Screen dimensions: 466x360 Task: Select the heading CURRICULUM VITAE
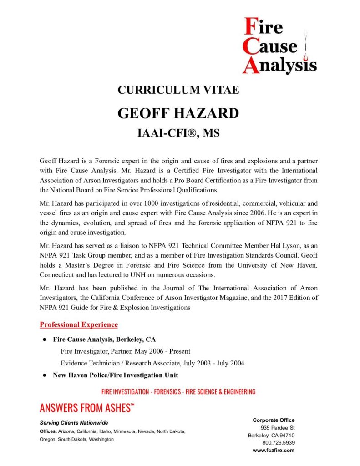178,90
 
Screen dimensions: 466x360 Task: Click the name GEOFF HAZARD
178,113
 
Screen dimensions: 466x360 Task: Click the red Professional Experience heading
79,324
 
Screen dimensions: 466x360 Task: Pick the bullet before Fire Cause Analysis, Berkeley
45,339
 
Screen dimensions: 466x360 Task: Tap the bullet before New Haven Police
45,375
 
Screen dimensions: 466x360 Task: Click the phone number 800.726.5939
278,442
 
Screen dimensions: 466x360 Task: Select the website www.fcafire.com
274,450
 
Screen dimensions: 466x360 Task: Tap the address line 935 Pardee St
278,428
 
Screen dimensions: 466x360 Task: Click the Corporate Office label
274,420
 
